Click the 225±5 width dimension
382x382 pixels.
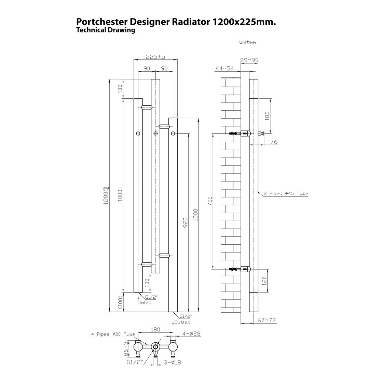[155, 56]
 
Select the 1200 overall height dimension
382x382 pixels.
[106, 195]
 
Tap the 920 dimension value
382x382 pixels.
[185, 223]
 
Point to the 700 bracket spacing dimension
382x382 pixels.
[210, 201]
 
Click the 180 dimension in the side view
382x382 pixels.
[267, 116]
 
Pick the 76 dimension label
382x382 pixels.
[274, 142]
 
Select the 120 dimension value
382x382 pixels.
[264, 281]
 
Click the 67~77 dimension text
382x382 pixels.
[267, 320]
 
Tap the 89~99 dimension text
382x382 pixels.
[249, 60]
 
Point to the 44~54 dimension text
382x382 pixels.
[224, 68]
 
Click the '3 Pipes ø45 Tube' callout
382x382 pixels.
[286, 193]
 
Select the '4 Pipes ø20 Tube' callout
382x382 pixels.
[113, 334]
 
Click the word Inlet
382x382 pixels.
[145, 303]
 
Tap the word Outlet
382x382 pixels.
[182, 322]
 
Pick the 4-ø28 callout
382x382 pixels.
[191, 333]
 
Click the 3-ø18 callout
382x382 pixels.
[173, 363]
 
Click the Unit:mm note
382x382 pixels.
[247, 42]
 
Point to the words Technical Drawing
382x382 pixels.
[106, 30]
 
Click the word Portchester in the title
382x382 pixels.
[101, 22]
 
